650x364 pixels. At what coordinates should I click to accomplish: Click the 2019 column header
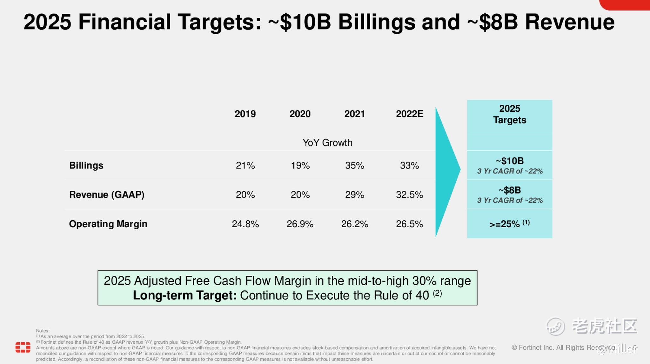pyautogui.click(x=245, y=114)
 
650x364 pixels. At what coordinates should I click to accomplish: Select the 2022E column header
pyautogui.click(x=409, y=114)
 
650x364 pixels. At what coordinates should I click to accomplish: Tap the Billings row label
pyautogui.click(x=86, y=165)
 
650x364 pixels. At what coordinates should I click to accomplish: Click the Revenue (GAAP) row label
pyautogui.click(x=107, y=195)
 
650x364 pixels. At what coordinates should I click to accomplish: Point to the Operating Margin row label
pyautogui.click(x=108, y=224)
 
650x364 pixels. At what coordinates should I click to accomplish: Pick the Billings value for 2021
pyautogui.click(x=354, y=165)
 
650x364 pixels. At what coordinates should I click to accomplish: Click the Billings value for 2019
pyautogui.click(x=245, y=165)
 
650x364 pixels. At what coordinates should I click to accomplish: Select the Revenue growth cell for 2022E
pyautogui.click(x=409, y=195)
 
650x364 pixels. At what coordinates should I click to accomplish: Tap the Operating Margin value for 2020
pyautogui.click(x=300, y=224)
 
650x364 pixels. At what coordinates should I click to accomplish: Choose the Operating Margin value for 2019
pyautogui.click(x=245, y=224)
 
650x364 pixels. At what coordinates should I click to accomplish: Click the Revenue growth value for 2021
pyautogui.click(x=354, y=195)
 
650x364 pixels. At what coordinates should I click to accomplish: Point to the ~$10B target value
pyautogui.click(x=510, y=161)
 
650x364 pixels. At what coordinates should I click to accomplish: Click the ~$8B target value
pyautogui.click(x=510, y=190)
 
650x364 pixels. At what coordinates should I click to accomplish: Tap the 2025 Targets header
pyautogui.click(x=510, y=114)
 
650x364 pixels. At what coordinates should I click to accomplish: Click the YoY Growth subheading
pyautogui.click(x=327, y=142)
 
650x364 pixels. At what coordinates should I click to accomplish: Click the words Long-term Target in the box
pyautogui.click(x=184, y=295)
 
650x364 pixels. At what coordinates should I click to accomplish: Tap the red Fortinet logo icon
pyautogui.click(x=23, y=347)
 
